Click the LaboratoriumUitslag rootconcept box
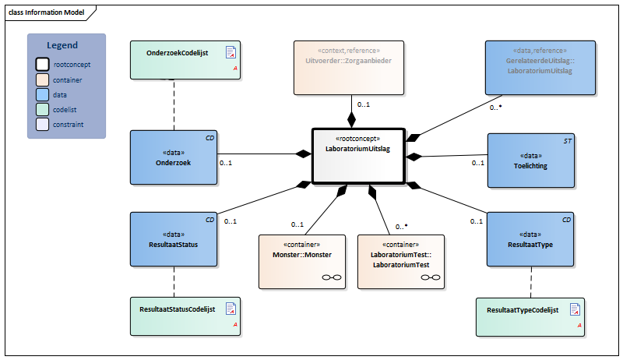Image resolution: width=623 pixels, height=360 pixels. [358, 156]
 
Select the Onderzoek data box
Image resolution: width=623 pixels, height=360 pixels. [174, 157]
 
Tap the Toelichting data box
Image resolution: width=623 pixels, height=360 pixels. [531, 161]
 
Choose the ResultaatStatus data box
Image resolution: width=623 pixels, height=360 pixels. [174, 239]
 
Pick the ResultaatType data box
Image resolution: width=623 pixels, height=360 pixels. [530, 239]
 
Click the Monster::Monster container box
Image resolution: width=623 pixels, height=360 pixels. [302, 262]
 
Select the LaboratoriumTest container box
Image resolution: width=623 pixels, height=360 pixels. [401, 262]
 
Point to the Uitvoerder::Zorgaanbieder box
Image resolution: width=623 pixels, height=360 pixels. [349, 68]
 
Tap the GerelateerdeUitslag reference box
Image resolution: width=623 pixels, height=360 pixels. [540, 68]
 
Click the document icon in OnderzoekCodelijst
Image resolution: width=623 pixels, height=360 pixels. [231, 52]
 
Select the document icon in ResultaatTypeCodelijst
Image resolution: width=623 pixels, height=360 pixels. [575, 309]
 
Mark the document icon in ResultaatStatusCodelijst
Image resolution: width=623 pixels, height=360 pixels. [231, 309]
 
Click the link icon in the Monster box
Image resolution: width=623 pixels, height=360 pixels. [332, 277]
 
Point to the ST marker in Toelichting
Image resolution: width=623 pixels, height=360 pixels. [568, 141]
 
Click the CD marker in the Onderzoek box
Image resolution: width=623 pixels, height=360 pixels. [209, 138]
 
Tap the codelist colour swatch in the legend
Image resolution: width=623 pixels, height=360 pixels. [43, 109]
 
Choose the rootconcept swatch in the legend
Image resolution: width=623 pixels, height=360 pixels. [43, 65]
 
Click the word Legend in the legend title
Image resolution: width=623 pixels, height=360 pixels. [62, 45]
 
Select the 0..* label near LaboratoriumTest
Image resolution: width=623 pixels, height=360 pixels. [402, 227]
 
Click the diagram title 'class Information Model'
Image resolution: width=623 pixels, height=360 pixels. [47, 12]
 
